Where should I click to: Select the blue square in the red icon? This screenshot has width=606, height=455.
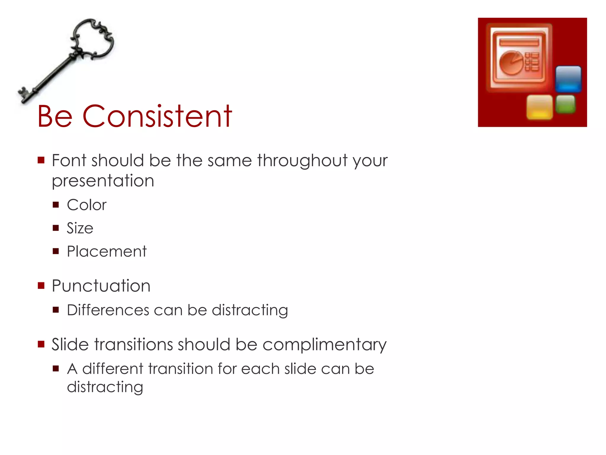pos(568,79)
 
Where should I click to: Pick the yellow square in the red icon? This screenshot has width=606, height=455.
pos(539,107)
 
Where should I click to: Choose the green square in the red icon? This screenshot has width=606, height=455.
pos(565,104)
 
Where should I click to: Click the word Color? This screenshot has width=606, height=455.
pos(86,205)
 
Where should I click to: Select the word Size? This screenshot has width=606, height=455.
pos(80,228)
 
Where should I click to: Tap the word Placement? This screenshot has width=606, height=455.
pos(107,251)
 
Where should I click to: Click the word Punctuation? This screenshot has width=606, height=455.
pos(101,286)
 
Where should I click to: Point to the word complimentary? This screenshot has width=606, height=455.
pos(324,345)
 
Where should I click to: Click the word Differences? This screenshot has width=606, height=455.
pos(108,310)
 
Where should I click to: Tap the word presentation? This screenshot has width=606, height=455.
pos(103,181)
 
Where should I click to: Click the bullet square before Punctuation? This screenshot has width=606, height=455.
pos(41,286)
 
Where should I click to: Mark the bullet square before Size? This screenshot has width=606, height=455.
pos(56,228)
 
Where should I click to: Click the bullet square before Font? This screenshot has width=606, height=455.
pos(41,160)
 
